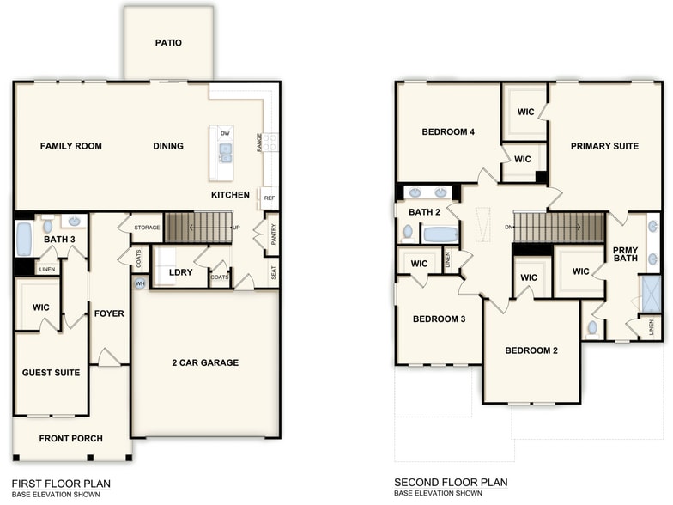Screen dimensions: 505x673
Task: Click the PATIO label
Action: tap(168, 43)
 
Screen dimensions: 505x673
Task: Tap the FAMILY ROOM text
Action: tap(71, 146)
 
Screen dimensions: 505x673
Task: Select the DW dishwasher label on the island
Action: tap(225, 134)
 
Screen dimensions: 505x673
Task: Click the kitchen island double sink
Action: tap(225, 154)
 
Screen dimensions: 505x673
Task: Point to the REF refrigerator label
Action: tap(270, 198)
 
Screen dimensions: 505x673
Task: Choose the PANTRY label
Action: tap(273, 234)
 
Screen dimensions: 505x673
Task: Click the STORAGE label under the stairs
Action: tap(146, 228)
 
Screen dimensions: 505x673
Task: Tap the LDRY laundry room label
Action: tap(180, 272)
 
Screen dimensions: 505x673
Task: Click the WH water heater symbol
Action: tap(138, 283)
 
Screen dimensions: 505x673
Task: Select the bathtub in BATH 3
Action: tap(24, 239)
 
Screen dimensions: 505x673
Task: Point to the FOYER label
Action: tap(109, 313)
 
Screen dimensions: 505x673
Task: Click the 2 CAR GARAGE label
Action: tap(204, 362)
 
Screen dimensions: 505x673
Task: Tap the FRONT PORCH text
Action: tap(70, 439)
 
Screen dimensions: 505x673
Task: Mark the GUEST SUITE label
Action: tap(52, 373)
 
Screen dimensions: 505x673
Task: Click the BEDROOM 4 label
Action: tap(448, 132)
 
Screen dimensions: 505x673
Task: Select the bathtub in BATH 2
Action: tap(440, 234)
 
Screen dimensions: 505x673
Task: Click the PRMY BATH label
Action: tap(625, 255)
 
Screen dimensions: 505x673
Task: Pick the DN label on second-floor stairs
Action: tap(508, 227)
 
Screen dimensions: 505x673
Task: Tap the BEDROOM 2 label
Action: tap(531, 350)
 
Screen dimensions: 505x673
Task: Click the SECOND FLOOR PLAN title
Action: tap(451, 484)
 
